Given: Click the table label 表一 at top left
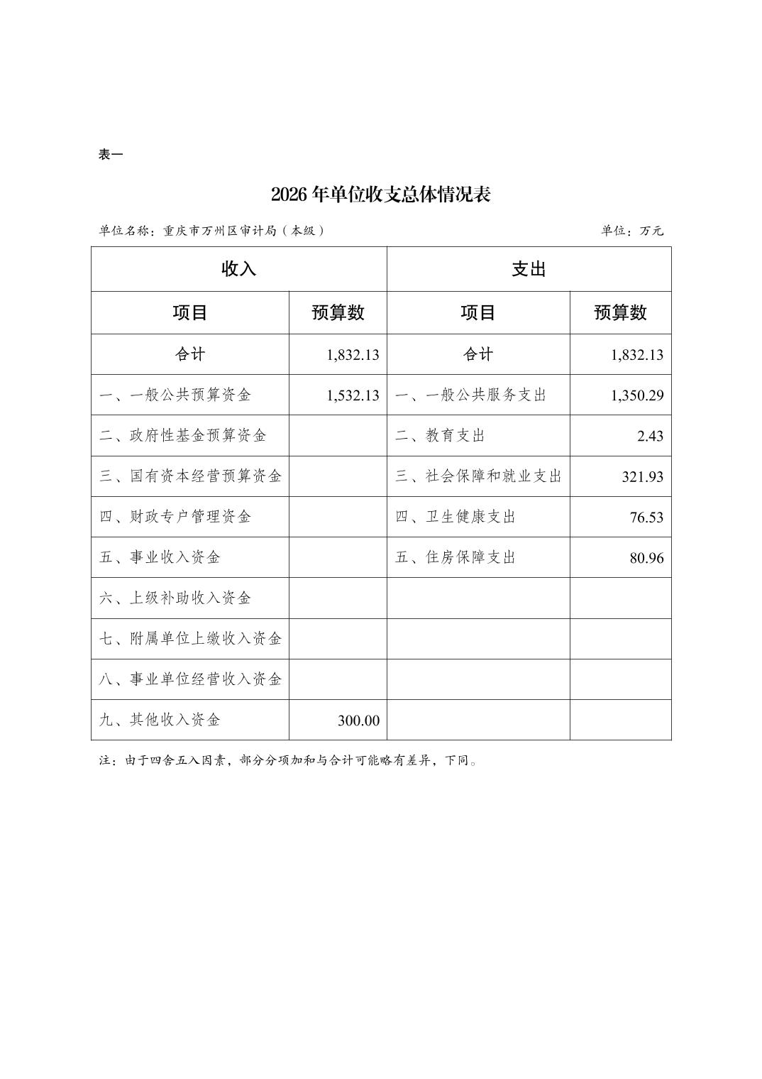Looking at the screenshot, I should tap(110, 154).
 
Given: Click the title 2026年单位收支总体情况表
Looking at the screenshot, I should tap(380, 195).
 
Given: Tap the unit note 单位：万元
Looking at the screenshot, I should tap(631, 231).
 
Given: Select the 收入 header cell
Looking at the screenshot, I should tap(238, 269).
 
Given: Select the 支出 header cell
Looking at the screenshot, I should tap(529, 269).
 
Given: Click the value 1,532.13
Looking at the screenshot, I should tap(353, 395).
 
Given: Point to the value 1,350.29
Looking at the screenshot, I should tap(636, 395).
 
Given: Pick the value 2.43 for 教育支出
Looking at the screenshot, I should tap(649, 436).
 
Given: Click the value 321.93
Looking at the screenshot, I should tap(642, 476).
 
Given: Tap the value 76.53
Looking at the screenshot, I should tap(646, 517).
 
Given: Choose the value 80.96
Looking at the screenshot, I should tap(646, 558).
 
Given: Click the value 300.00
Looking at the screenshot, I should tap(358, 721).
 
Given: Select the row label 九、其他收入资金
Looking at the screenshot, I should tap(160, 720).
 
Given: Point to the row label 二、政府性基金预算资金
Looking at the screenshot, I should tap(183, 435).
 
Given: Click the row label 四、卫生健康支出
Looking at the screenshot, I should tap(455, 517).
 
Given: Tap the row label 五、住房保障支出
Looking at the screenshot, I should tap(455, 557).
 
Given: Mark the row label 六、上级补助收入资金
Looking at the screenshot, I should tap(175, 598).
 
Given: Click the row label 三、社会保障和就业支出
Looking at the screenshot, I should tap(478, 476).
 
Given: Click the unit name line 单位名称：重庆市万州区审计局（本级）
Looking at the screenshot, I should tap(211, 231).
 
